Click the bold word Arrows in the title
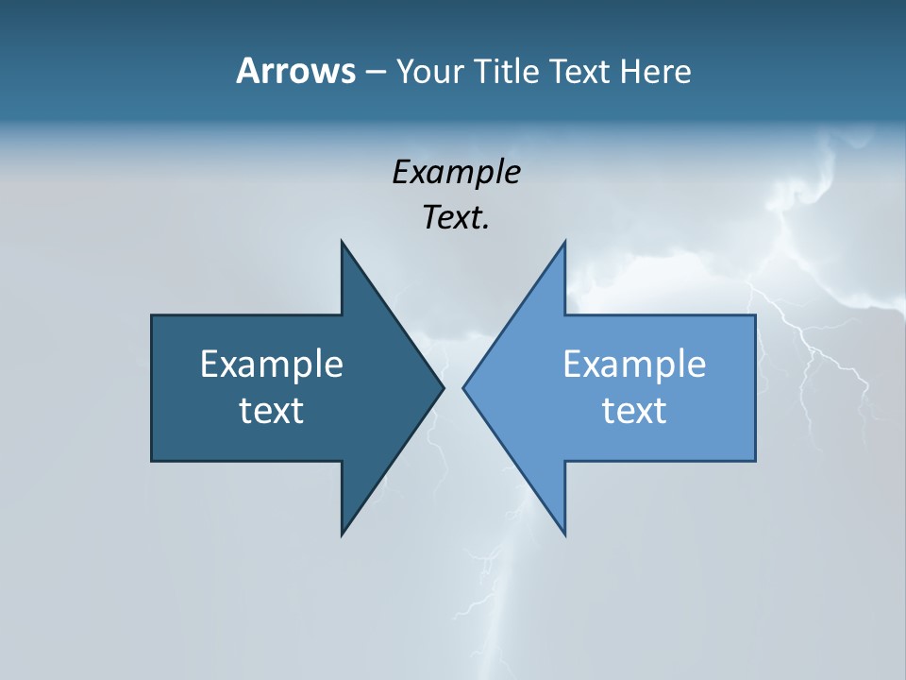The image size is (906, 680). pos(295,71)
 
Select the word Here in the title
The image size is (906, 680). pos(655,71)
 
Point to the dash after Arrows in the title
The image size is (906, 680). pos(375,72)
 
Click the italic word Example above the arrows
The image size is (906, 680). pos(456,172)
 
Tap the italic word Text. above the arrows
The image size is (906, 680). pos(456,217)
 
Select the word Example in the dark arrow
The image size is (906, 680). pos(272,364)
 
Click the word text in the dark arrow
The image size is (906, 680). pos(272,411)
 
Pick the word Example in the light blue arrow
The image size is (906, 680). pos(634,364)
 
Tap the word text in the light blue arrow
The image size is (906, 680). pos(634,411)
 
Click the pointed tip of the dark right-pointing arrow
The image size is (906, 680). pos(443,387)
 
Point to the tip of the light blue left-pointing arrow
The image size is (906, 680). pos(464,387)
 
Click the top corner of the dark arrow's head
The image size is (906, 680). pos(343,243)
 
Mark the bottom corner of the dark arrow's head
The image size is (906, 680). pos(343,534)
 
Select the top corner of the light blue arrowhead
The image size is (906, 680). pos(564,243)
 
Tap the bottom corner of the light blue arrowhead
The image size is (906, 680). pos(564,534)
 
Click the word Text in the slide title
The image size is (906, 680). pos(579,71)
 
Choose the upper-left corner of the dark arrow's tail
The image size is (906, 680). pos(153,316)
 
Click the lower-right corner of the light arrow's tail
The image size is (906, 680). pos(754,460)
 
